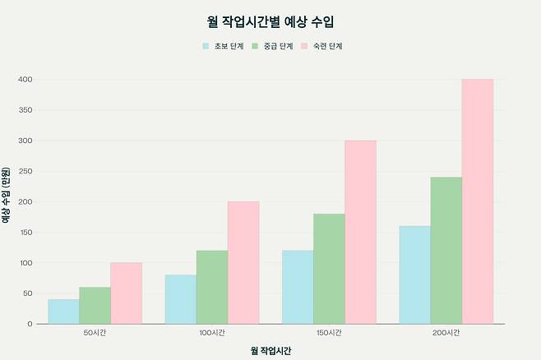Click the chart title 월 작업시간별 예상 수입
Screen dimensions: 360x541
[270, 21]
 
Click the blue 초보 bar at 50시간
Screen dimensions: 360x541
[63, 312]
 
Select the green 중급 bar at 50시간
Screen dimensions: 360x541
[95, 305]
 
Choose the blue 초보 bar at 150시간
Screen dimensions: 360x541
[298, 287]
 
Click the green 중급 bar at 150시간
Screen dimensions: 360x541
[329, 269]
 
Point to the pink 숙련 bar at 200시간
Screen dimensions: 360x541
[477, 201]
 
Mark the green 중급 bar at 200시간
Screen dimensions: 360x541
[446, 251]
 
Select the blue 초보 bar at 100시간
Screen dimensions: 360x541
[180, 299]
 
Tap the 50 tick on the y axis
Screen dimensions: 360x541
[28, 293]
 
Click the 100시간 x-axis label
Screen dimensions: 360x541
[211, 333]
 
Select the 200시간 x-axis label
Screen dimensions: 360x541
[446, 333]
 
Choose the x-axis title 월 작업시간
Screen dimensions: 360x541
[270, 350]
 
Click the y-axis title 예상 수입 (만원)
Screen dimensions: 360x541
[7, 201]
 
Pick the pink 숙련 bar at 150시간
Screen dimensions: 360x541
[360, 233]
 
